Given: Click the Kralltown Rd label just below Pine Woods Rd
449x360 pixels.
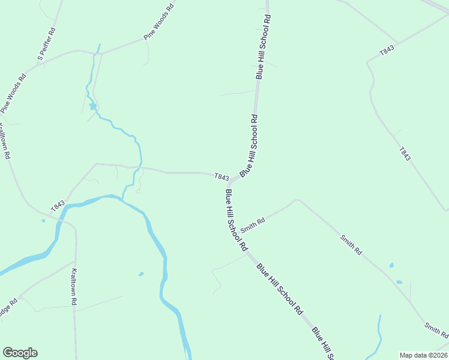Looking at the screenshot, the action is pos(5,140).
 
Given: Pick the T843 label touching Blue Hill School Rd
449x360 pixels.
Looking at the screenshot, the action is pos(221,177).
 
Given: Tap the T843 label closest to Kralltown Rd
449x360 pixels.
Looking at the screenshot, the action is pos(58,205).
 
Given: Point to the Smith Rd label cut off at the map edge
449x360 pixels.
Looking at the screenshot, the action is pos(436,329).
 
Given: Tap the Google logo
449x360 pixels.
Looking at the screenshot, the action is pos(20,353).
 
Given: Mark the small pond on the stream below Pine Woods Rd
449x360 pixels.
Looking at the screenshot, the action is pos(93,107).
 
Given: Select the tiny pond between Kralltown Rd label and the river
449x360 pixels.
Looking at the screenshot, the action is pos(141,274).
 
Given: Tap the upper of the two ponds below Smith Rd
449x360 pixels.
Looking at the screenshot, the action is pos(391,265).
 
